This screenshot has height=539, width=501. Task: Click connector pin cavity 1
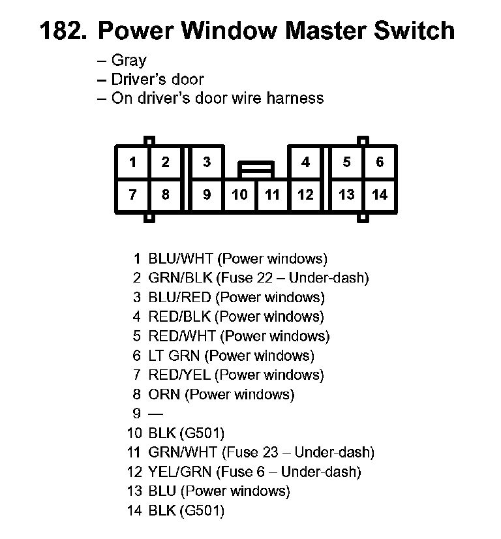coord(132,162)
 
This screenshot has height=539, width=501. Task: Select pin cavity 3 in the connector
coord(207,162)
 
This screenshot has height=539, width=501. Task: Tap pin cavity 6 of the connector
coord(380,162)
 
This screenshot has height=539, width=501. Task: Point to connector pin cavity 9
coord(207,195)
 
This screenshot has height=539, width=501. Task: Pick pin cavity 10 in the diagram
coord(239,195)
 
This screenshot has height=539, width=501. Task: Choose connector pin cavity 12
coord(305,195)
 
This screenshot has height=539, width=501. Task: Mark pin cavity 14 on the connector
coord(380,195)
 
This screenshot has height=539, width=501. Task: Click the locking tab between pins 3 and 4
coord(256,170)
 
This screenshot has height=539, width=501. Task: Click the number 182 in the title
coord(63,31)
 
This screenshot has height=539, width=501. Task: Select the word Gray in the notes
coord(129,61)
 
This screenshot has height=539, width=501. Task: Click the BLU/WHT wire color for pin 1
coord(181,258)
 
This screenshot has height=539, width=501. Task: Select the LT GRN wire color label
coord(174,356)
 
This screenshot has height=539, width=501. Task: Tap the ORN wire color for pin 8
coord(164,394)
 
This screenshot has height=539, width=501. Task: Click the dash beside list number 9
coord(156,414)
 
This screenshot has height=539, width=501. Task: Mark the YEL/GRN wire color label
coord(179,472)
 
